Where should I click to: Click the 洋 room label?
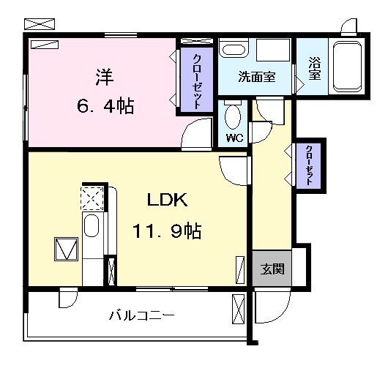(102, 76)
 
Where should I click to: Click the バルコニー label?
(141, 316)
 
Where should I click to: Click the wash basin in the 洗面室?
(234, 51)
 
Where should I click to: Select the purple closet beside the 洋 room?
(198, 80)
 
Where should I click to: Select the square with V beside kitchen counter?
(66, 249)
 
